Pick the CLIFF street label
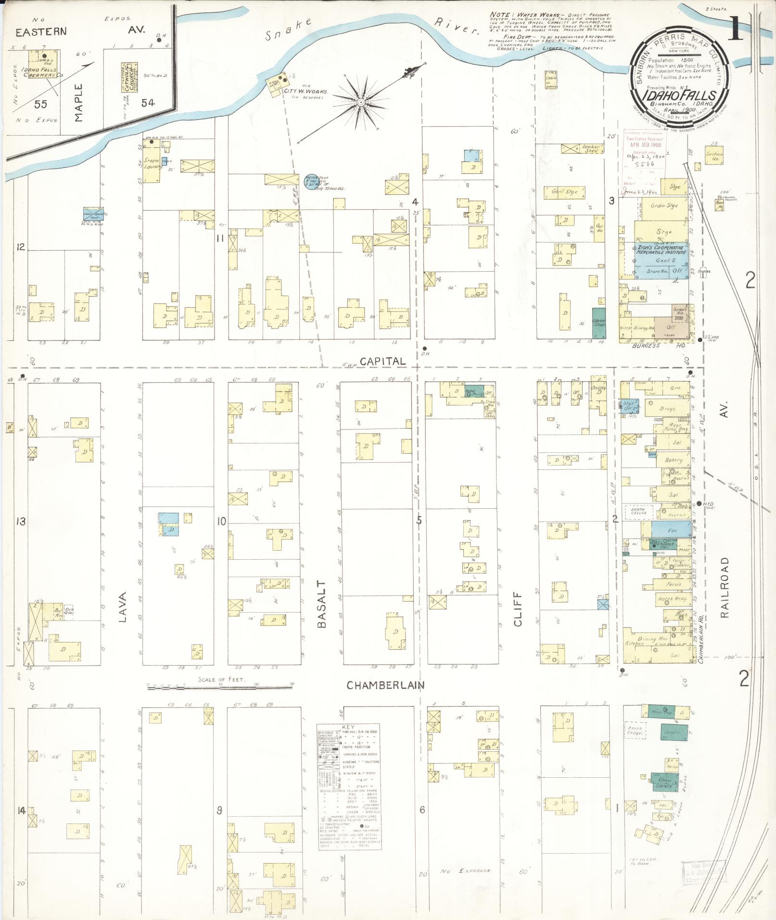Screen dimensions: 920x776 (518, 614)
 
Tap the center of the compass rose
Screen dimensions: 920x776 (360, 102)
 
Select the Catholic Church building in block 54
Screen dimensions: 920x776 (127, 76)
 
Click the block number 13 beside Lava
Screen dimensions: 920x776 (20, 521)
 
